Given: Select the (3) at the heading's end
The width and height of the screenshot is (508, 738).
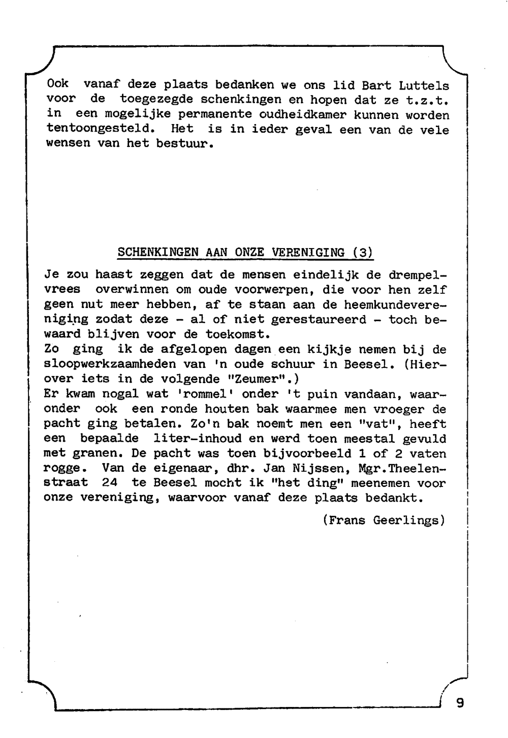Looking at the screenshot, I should point(363,253).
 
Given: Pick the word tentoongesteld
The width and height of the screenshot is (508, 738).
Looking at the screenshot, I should point(100,129).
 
